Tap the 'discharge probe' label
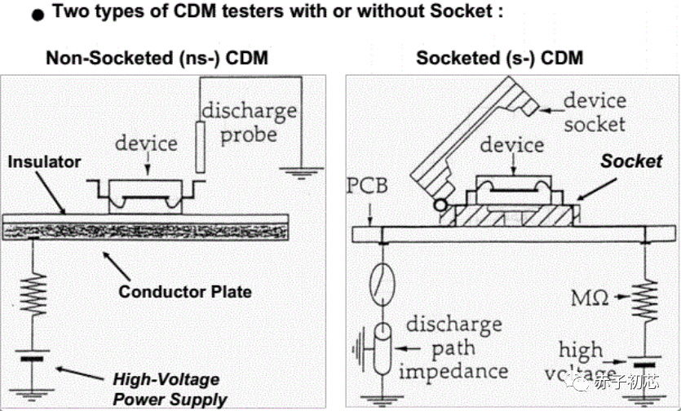pyautogui.click(x=250, y=121)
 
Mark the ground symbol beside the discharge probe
pyautogui.click(x=303, y=172)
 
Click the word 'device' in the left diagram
pyautogui.click(x=146, y=143)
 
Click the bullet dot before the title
pyautogui.click(x=33, y=15)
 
